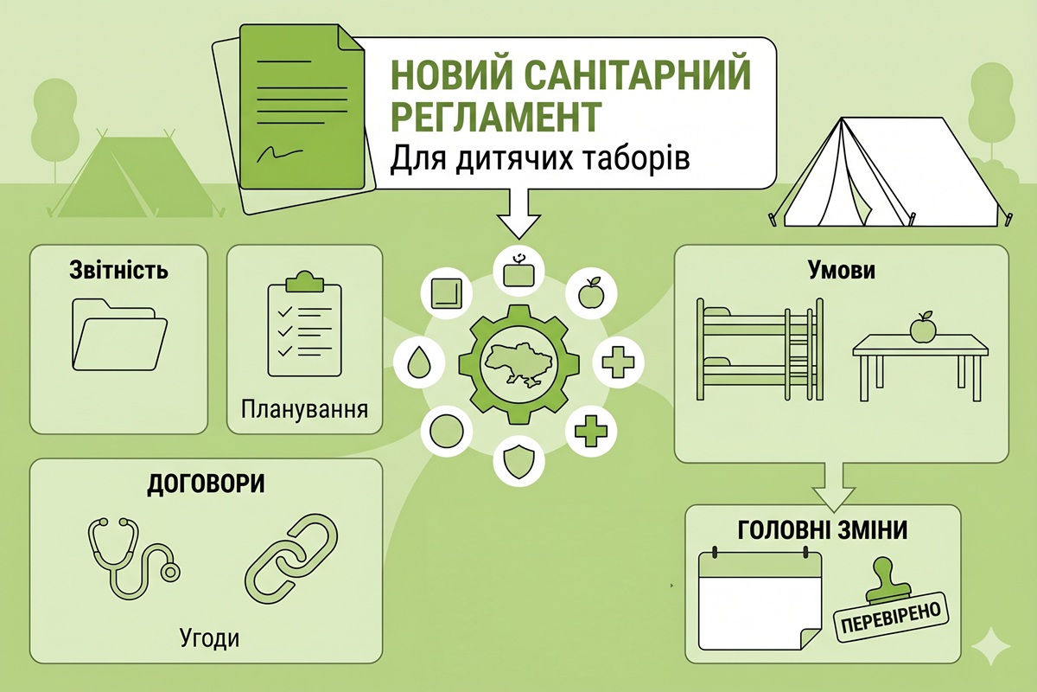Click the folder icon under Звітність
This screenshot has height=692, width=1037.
click(x=119, y=335)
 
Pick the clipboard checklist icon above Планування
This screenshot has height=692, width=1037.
click(x=304, y=324)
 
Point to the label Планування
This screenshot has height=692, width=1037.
click(x=304, y=409)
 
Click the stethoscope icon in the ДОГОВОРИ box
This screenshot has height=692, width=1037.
click(x=134, y=559)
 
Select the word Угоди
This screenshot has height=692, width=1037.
click(x=210, y=638)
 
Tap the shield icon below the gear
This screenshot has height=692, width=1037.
click(x=518, y=461)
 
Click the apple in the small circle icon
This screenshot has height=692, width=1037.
click(x=591, y=293)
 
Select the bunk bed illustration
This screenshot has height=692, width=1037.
click(x=760, y=349)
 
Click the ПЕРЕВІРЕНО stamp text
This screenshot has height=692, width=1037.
click(x=891, y=618)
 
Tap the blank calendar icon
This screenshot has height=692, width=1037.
click(x=760, y=599)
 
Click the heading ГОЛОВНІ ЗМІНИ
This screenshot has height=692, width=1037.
click(x=822, y=530)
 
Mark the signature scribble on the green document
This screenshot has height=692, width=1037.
click(x=280, y=152)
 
